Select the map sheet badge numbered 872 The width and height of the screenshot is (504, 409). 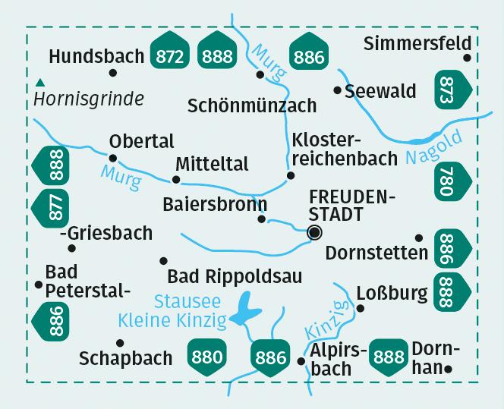pos(170,55)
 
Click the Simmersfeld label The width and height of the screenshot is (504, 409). pos(417,43)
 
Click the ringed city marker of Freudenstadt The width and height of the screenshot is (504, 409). pos(315,233)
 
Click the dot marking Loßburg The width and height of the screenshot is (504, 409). pos(361,309)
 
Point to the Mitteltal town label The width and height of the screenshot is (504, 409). pos(211,164)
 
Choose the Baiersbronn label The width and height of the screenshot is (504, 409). pos(215,204)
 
